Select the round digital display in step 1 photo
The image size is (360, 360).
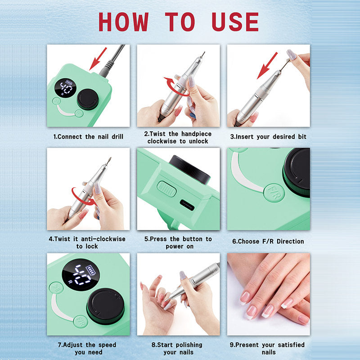click(65, 88)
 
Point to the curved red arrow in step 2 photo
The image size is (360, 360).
click(171, 86)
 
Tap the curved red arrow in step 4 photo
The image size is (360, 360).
click(83, 197)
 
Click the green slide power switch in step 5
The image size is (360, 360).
click(167, 189)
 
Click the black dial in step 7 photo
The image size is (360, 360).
click(105, 306)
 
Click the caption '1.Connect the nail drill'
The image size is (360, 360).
click(88, 136)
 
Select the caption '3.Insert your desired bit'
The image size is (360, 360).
click(268, 136)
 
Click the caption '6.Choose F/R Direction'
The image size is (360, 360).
click(268, 241)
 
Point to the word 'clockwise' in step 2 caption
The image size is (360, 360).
click(163, 141)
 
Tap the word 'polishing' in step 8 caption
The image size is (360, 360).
click(190, 345)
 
